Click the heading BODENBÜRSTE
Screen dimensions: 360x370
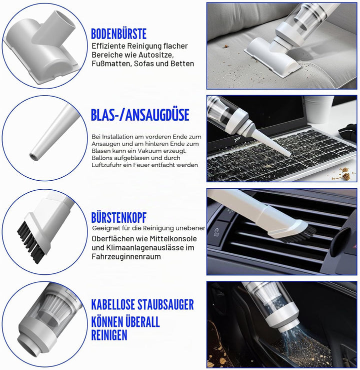point(118,34)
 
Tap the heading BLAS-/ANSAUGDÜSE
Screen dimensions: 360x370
point(140,115)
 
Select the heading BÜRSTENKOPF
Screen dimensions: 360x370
point(119,218)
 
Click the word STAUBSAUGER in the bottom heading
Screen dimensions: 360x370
point(165,304)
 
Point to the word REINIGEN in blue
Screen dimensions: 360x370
point(109,335)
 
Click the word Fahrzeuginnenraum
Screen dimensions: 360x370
point(126,256)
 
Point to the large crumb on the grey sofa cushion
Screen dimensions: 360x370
point(225,46)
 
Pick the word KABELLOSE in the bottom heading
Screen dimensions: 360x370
point(113,304)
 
